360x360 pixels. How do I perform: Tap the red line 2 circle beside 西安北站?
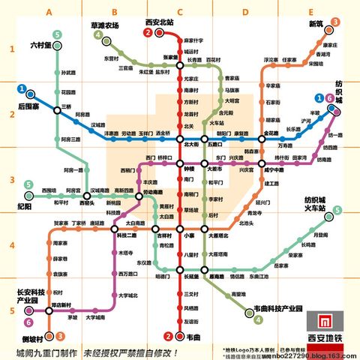(x=149, y=33)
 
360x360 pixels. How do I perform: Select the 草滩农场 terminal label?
(x=104, y=26)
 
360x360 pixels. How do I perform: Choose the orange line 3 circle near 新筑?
(x=335, y=22)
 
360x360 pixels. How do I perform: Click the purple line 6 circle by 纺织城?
(x=329, y=98)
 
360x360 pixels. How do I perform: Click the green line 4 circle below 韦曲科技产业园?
(x=258, y=320)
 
